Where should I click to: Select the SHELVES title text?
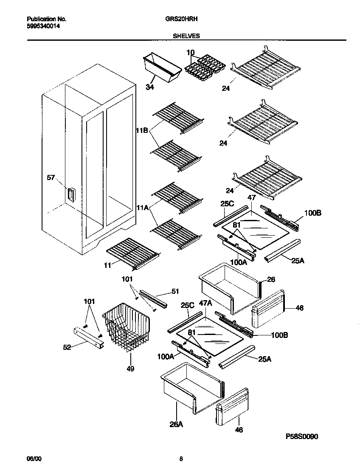(x=186, y=37)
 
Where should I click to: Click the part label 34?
(x=149, y=87)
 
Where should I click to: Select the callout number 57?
(x=51, y=178)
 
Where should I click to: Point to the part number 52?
(x=67, y=347)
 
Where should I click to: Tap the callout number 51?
(x=175, y=291)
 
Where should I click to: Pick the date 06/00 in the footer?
(x=34, y=459)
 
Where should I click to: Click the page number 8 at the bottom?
(x=181, y=459)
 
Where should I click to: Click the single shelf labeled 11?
(x=132, y=252)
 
